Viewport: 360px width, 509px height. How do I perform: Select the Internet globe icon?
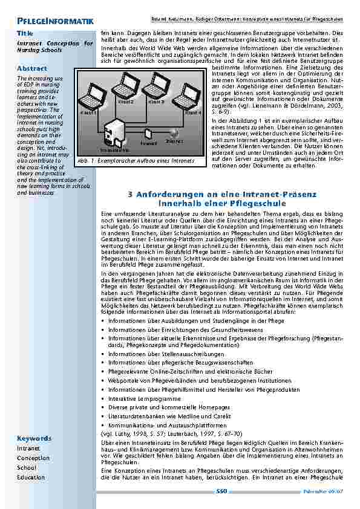[174, 133]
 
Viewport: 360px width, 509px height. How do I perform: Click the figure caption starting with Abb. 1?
[137, 161]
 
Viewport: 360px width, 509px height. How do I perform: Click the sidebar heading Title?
[25, 32]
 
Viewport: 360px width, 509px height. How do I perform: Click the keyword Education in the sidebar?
[30, 477]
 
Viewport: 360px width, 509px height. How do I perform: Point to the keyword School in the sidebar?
[27, 467]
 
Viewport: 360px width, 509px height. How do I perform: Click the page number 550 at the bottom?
[221, 491]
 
